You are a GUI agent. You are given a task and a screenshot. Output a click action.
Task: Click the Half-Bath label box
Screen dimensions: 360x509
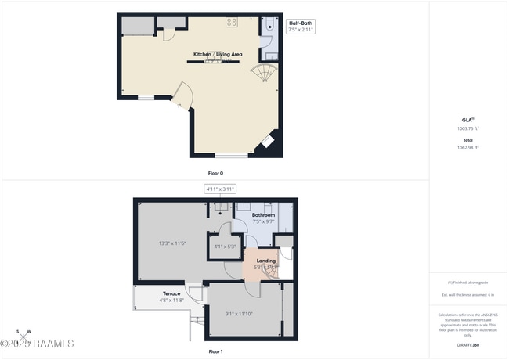click(x=301, y=27)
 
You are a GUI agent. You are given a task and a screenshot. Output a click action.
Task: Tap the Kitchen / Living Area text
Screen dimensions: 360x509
click(x=218, y=54)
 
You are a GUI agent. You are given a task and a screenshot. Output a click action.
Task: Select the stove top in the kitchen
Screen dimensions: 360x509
click(x=232, y=22)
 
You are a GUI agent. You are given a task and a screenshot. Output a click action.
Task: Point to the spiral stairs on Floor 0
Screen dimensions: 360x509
click(x=263, y=74)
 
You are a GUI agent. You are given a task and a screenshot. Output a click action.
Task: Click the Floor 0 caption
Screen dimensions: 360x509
click(x=215, y=173)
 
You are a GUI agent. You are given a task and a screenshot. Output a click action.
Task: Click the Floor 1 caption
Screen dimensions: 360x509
click(x=215, y=352)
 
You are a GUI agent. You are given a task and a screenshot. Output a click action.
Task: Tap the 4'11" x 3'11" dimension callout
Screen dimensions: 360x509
click(x=220, y=189)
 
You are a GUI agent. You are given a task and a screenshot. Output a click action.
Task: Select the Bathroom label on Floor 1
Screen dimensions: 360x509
click(x=263, y=215)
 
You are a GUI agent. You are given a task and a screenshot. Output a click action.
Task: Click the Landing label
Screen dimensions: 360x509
click(x=265, y=261)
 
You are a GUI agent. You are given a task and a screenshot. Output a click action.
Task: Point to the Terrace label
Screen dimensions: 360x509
click(x=171, y=293)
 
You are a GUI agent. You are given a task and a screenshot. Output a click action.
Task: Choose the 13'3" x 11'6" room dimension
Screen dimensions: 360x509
click(x=171, y=243)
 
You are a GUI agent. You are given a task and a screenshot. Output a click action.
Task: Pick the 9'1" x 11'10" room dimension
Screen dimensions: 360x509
click(x=240, y=314)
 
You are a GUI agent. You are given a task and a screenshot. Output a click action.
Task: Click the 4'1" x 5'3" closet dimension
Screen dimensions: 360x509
click(x=226, y=247)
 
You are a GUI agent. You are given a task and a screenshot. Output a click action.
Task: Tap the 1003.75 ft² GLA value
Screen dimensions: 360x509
click(x=468, y=128)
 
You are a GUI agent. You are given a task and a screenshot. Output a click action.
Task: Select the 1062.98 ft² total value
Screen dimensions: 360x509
click(x=468, y=146)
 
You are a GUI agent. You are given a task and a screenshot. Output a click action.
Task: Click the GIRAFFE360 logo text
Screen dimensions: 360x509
click(x=469, y=344)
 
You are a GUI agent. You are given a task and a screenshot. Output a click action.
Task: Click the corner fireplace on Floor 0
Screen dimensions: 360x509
click(x=266, y=141)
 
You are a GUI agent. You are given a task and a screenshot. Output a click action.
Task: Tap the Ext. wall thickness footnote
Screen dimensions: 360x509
click(x=468, y=294)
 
